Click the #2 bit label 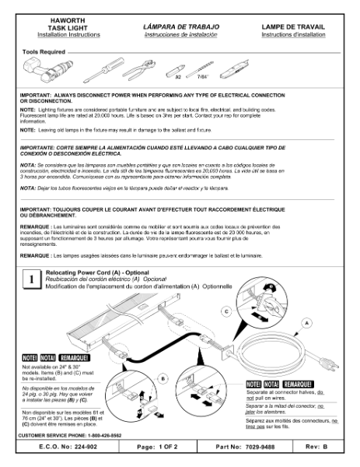(x=178, y=78)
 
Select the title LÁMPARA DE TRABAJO (x=180, y=26)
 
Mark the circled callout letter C (x=226, y=310)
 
